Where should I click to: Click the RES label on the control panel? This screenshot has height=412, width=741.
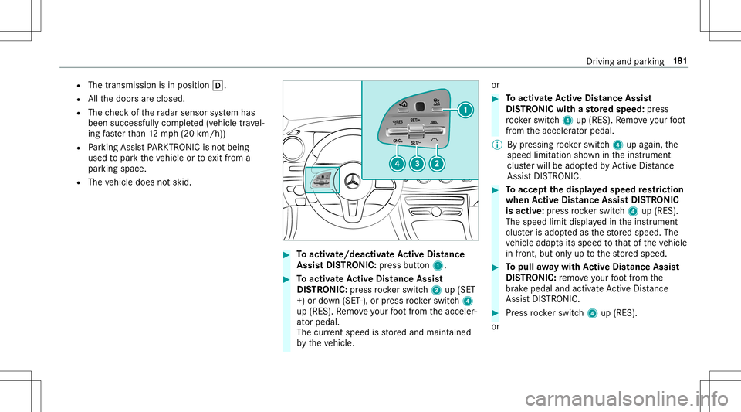(398, 121)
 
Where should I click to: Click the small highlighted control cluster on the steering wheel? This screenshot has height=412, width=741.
(322, 203)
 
